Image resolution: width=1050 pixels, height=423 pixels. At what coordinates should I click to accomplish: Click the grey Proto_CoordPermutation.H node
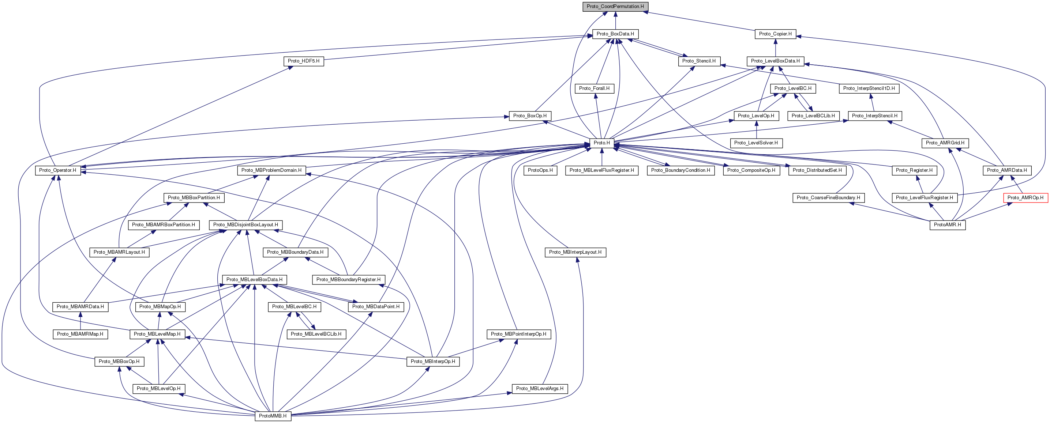(615, 7)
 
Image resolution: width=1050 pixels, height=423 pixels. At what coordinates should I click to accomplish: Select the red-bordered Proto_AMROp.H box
(1025, 198)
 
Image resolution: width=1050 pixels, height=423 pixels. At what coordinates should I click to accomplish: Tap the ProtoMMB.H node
(273, 416)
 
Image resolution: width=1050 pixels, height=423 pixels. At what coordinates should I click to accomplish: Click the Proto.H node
(601, 143)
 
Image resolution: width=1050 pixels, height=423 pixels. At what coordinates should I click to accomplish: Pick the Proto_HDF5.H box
(303, 61)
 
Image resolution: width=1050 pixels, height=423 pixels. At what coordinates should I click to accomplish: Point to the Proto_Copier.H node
(775, 34)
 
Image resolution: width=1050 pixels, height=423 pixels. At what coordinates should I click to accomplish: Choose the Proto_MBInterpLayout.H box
(575, 252)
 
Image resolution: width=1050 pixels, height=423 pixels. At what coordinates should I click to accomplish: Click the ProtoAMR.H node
(947, 224)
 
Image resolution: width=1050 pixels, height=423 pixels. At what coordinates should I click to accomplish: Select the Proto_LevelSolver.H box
(756, 143)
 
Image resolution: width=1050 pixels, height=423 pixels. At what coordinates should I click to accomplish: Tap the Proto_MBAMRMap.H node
(80, 334)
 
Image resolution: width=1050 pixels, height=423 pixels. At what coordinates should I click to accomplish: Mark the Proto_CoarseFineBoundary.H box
(828, 198)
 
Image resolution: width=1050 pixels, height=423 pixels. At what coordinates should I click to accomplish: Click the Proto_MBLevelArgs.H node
(540, 388)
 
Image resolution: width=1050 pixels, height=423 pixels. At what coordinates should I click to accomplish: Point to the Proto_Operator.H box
(57, 170)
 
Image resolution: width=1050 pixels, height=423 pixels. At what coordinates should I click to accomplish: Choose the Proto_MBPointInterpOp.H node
(518, 334)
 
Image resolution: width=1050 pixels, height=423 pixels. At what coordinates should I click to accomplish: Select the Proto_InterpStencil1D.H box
(869, 88)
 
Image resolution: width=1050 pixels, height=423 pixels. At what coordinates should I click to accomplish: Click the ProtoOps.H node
(540, 170)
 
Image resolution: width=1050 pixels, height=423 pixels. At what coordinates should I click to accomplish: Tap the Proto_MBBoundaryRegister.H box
(348, 280)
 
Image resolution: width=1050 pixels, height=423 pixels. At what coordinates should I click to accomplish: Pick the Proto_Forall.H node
(594, 88)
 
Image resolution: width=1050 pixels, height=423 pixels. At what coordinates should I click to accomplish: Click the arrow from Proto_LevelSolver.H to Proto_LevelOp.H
(757, 129)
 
